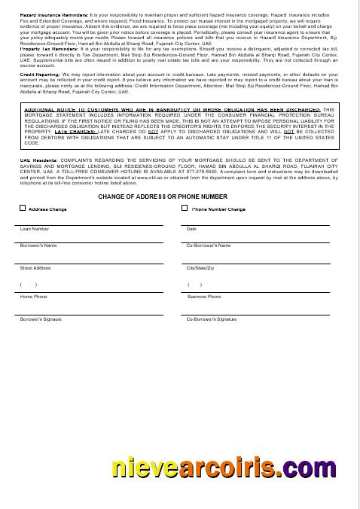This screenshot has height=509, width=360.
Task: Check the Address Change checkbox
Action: (x=23, y=209)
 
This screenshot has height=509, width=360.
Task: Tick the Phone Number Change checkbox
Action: (x=185, y=209)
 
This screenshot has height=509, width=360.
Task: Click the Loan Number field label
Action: (x=35, y=229)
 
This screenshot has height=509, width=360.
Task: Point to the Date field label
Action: (x=191, y=229)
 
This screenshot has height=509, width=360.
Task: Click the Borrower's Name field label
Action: (x=38, y=245)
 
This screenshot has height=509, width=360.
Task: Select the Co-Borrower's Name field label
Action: (x=209, y=245)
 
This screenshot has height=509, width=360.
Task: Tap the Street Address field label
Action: (x=35, y=268)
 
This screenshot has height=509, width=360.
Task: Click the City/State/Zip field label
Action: (x=200, y=268)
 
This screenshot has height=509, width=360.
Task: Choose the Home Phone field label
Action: (x=33, y=297)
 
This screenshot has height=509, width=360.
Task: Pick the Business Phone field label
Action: (x=204, y=297)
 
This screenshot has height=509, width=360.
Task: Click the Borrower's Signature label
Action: (x=41, y=320)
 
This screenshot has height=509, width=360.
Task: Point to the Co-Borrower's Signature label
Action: (x=212, y=320)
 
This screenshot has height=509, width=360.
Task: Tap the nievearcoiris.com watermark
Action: (x=214, y=468)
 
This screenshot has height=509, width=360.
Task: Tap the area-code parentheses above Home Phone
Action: (x=29, y=285)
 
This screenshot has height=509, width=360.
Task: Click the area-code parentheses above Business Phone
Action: (x=194, y=285)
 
